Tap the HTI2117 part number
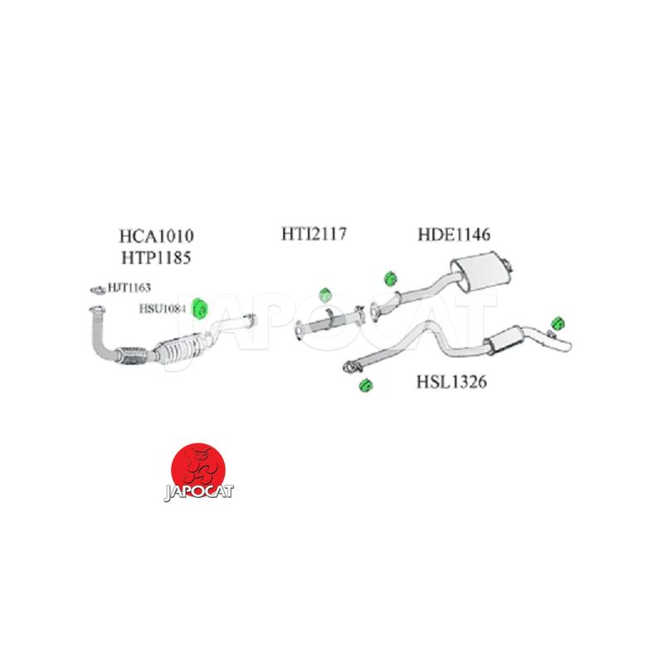[313, 235]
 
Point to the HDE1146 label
[454, 235]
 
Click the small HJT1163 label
[128, 288]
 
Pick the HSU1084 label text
[163, 308]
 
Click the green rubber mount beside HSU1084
[199, 308]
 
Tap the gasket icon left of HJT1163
[96, 289]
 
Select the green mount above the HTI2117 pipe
[325, 294]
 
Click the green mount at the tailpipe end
[558, 320]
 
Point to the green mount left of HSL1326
[363, 384]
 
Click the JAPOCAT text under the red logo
[198, 491]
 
